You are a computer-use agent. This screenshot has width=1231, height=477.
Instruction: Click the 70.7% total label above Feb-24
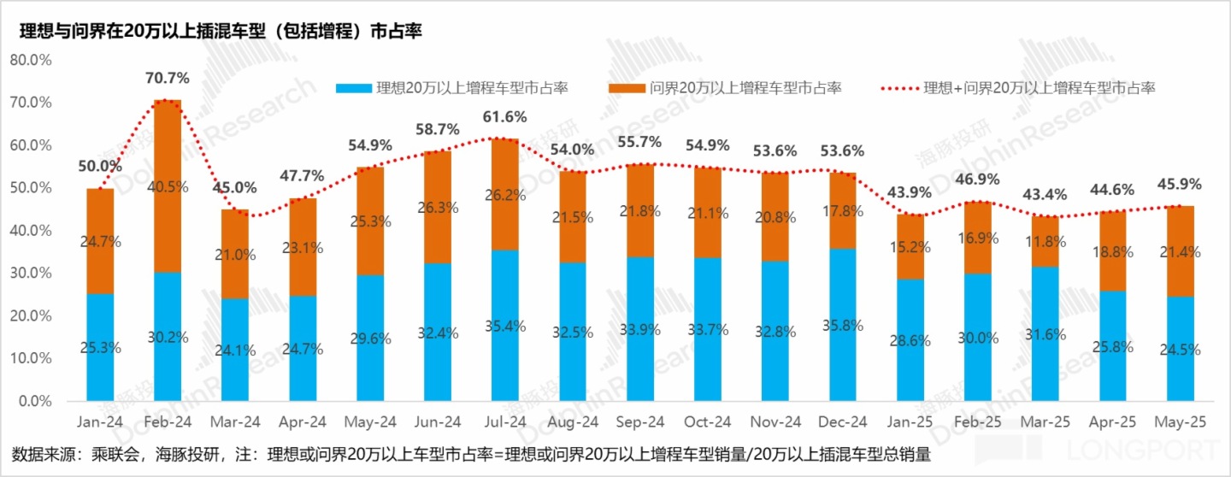[x=167, y=78]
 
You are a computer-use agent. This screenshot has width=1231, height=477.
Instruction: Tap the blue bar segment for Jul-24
[x=504, y=325]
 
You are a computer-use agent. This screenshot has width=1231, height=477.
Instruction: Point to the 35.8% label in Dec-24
[x=842, y=325]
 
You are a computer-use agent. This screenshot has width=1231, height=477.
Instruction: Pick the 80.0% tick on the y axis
[x=31, y=60]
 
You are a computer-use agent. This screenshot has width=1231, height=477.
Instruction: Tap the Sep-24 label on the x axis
[x=639, y=422]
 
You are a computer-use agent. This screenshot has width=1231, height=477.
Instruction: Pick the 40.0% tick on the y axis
[x=31, y=230]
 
